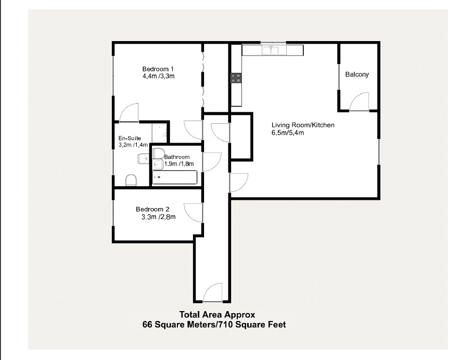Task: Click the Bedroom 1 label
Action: coord(158,69)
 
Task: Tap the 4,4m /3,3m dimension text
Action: coord(158,76)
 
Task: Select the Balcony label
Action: coord(357,74)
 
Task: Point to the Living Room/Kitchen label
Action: coord(303,125)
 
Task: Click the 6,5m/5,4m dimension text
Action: coord(288,133)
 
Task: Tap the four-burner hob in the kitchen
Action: coord(236,79)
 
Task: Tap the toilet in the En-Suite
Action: coord(132,180)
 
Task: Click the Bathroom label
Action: coord(177,157)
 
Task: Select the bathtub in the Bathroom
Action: coord(175,177)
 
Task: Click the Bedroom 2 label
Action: coord(152,210)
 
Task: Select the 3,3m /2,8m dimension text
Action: coord(158,217)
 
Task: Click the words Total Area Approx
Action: coord(217,314)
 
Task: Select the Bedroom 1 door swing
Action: coord(129,112)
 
